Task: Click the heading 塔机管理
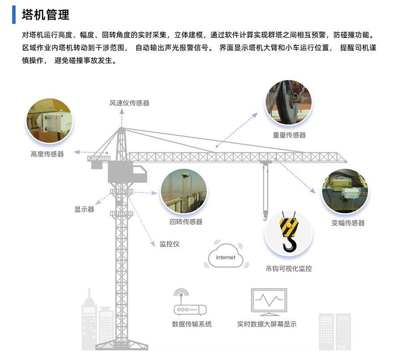point(46,15)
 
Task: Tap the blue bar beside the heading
point(14,15)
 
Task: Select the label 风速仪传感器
point(129,103)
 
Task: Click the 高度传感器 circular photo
point(50,121)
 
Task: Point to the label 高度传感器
point(47,154)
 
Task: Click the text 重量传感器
point(289,135)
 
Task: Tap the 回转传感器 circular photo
point(184,191)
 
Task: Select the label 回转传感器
point(186,222)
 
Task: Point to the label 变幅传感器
point(348,223)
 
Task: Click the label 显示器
point(84,209)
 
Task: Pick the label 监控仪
point(169,244)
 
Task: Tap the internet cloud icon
point(226,256)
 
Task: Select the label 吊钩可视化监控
point(289,269)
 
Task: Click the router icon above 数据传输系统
point(190,302)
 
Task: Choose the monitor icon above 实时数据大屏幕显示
point(269,302)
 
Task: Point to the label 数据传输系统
point(192,324)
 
